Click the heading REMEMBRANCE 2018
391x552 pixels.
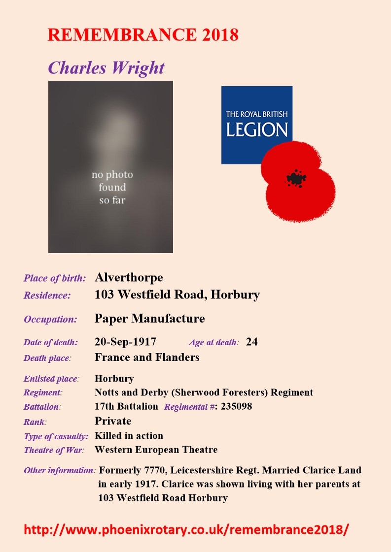pyautogui.click(x=143, y=35)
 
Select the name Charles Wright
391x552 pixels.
pyautogui.click(x=106, y=67)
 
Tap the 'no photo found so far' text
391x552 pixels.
pyautogui.click(x=112, y=187)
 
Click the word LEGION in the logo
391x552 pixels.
pyautogui.click(x=256, y=130)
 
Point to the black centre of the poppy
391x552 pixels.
pyautogui.click(x=296, y=178)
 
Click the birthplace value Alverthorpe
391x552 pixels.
pyautogui.click(x=128, y=278)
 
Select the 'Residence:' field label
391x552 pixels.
pyautogui.click(x=47, y=296)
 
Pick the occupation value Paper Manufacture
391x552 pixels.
pyautogui.click(x=149, y=319)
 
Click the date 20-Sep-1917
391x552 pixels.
pyautogui.click(x=125, y=342)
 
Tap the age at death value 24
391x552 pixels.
pyautogui.click(x=251, y=342)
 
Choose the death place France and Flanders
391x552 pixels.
pyautogui.click(x=147, y=357)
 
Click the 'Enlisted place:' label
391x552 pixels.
pyautogui.click(x=51, y=379)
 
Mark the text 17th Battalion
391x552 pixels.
pyautogui.click(x=126, y=407)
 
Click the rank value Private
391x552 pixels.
pyautogui.click(x=113, y=421)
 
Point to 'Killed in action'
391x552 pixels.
pyautogui.click(x=129, y=436)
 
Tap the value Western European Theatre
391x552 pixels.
pyautogui.click(x=156, y=450)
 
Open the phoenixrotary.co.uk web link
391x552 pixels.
pyautogui.click(x=186, y=529)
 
